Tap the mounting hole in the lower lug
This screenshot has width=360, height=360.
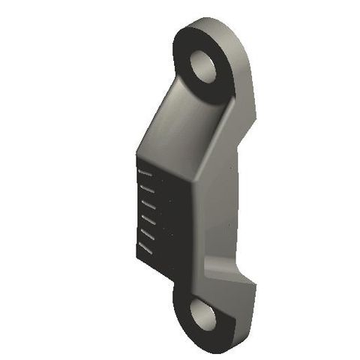[x=202, y=316]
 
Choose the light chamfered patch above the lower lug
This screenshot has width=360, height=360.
[x=225, y=270]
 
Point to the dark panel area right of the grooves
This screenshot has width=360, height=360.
[x=176, y=217]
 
